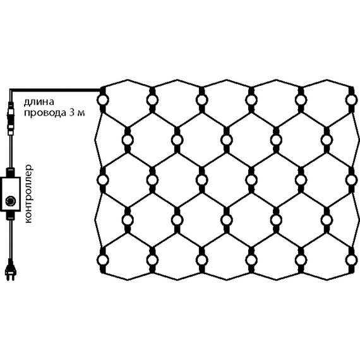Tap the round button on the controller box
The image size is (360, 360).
point(10,201)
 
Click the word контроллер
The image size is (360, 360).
point(28,193)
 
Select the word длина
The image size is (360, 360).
point(39,102)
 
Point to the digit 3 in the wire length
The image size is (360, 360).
point(71,112)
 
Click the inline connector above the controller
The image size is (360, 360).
point(10,118)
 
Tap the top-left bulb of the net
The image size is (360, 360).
point(102,100)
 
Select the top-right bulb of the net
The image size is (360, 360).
point(351,100)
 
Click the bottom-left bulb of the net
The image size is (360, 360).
point(102,260)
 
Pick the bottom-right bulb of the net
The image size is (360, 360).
point(351,260)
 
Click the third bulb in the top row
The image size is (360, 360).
point(202,100)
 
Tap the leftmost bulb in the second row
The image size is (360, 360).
point(128,140)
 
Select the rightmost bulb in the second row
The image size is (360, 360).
point(327,140)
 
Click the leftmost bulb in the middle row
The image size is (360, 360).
point(102,180)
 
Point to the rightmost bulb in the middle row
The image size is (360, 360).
point(351,180)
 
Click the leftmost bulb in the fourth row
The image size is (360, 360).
point(128,220)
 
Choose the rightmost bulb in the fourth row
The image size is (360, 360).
point(327,220)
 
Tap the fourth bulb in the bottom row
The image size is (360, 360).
point(251,260)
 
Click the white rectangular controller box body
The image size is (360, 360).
point(10,194)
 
